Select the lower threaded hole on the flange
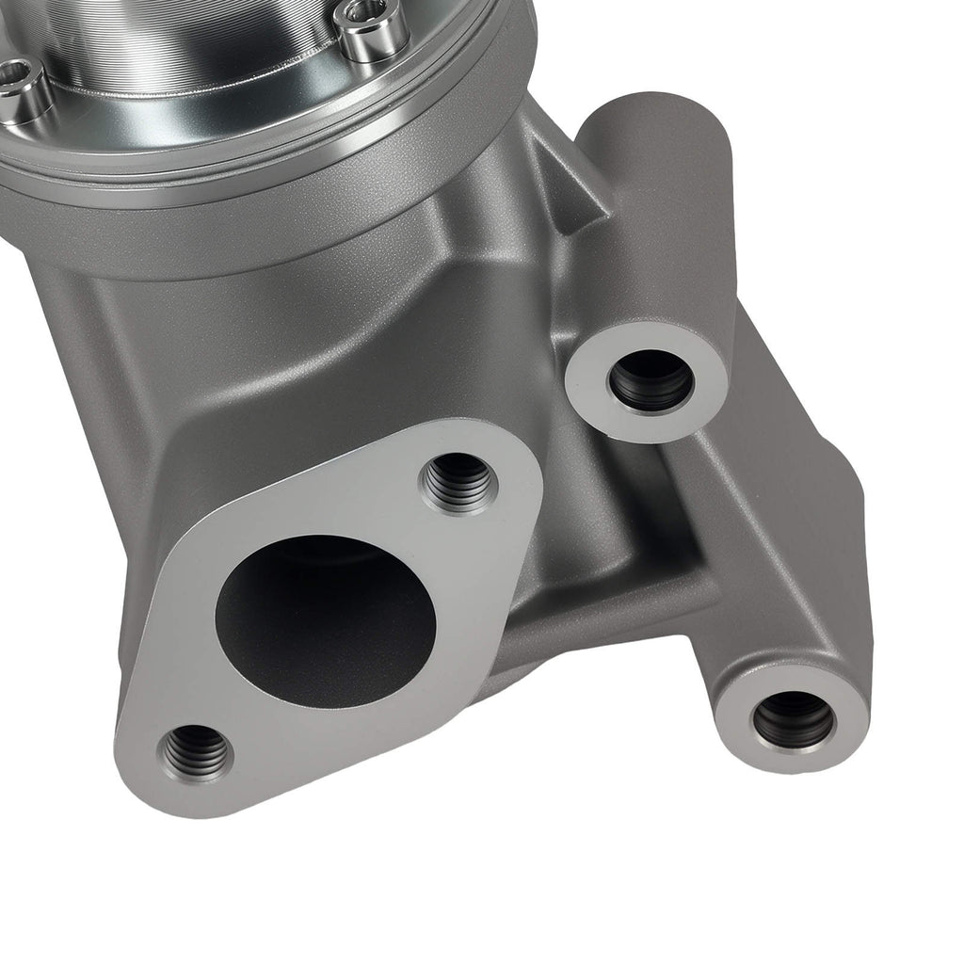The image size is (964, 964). click(x=196, y=750)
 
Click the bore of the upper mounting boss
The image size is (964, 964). click(x=651, y=380)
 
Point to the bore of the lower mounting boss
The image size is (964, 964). click(x=794, y=719)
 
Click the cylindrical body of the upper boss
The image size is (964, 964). click(x=659, y=217)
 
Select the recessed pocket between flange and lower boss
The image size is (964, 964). click(x=602, y=565)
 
